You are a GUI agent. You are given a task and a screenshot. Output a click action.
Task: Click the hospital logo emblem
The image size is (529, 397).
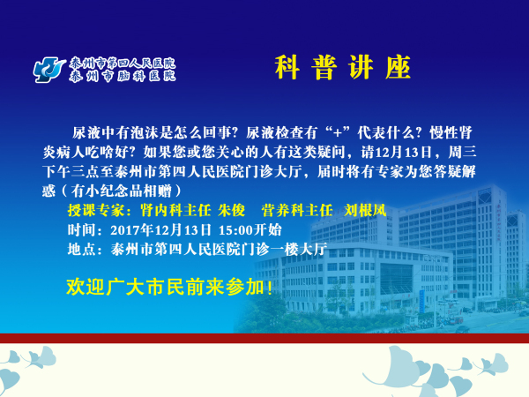coord(49,70)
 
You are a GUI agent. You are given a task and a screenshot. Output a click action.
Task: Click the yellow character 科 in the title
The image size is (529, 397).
coord(287,68)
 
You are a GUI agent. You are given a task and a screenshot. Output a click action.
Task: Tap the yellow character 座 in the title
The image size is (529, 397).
coord(399,68)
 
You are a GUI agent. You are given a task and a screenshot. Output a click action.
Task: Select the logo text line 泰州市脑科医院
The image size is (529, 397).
coord(123,76)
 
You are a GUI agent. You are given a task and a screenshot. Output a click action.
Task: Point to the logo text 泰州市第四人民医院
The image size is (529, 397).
coord(123,64)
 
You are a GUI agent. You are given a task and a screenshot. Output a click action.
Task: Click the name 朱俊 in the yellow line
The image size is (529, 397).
coord(231,210)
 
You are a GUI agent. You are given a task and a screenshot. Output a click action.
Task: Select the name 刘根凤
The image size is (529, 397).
coord(365,210)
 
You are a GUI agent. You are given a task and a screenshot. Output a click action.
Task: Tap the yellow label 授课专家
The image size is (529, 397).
coord(96,210)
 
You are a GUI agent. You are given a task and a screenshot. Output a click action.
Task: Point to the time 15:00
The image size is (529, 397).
coord(235,230)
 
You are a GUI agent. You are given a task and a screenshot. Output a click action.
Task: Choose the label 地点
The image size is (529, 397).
coord(82,250)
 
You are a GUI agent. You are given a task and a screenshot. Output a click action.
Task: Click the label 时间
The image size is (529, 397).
coord(82,230)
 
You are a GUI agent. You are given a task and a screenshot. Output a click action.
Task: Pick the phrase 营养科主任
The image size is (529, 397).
coord(297,210)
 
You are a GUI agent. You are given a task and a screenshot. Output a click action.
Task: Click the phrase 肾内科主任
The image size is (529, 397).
coord(175,210)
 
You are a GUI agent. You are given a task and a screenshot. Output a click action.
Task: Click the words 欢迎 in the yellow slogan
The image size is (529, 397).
coord(86,288)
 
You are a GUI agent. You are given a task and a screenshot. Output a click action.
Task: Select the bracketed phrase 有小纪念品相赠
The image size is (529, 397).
coord(121,191)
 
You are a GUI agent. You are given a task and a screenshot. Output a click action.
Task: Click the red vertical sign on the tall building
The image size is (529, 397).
coord(501,221)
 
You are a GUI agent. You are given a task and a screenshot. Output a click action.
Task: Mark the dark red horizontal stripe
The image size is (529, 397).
coord(264,338)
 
